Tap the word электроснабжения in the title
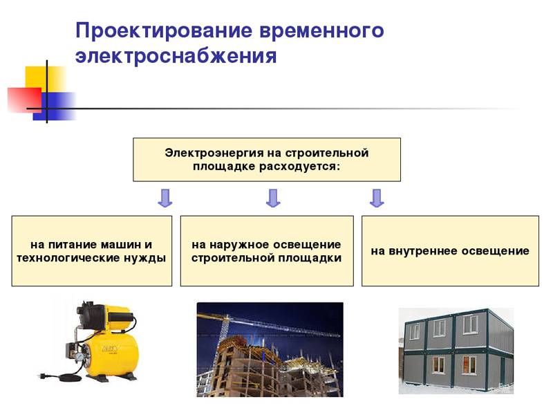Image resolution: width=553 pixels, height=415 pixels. pyautogui.click(x=176, y=56)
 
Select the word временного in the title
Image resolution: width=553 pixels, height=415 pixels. pyautogui.click(x=321, y=30)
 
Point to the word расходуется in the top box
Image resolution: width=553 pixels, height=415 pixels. pyautogui.click(x=299, y=167)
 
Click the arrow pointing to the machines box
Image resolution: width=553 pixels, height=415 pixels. pyautogui.click(x=165, y=198)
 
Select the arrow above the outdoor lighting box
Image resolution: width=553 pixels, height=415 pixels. pyautogui.click(x=273, y=198)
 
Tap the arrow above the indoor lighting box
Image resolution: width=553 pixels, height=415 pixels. pyautogui.click(x=377, y=198)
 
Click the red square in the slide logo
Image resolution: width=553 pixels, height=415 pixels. pyautogui.click(x=24, y=100)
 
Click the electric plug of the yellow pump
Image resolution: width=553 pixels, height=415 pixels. pyautogui.click(x=42, y=375)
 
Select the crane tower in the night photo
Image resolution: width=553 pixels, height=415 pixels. pyautogui.click(x=223, y=328)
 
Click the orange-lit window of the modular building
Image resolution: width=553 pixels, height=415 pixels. pyautogui.click(x=469, y=365)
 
